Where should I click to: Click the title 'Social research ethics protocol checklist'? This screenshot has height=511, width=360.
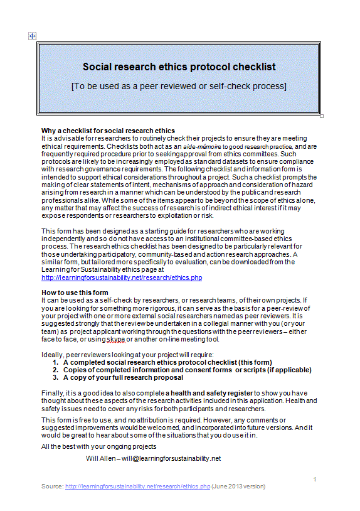[179, 67]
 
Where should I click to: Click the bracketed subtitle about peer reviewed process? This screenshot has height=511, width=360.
[179, 85]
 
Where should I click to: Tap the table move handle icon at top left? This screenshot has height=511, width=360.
[32, 36]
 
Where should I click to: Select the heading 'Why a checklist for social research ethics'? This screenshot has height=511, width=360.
[108, 130]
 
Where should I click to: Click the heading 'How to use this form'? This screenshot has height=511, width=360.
[75, 293]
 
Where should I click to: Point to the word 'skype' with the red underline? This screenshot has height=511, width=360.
[115, 339]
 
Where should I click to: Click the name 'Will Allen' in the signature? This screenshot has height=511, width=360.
[100, 458]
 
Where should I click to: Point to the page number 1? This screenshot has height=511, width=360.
[314, 479]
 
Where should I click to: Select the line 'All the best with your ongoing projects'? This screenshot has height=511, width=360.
[98, 446]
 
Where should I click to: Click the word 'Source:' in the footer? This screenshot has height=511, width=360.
[52, 487]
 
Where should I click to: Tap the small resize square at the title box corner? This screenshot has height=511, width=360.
[322, 116]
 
